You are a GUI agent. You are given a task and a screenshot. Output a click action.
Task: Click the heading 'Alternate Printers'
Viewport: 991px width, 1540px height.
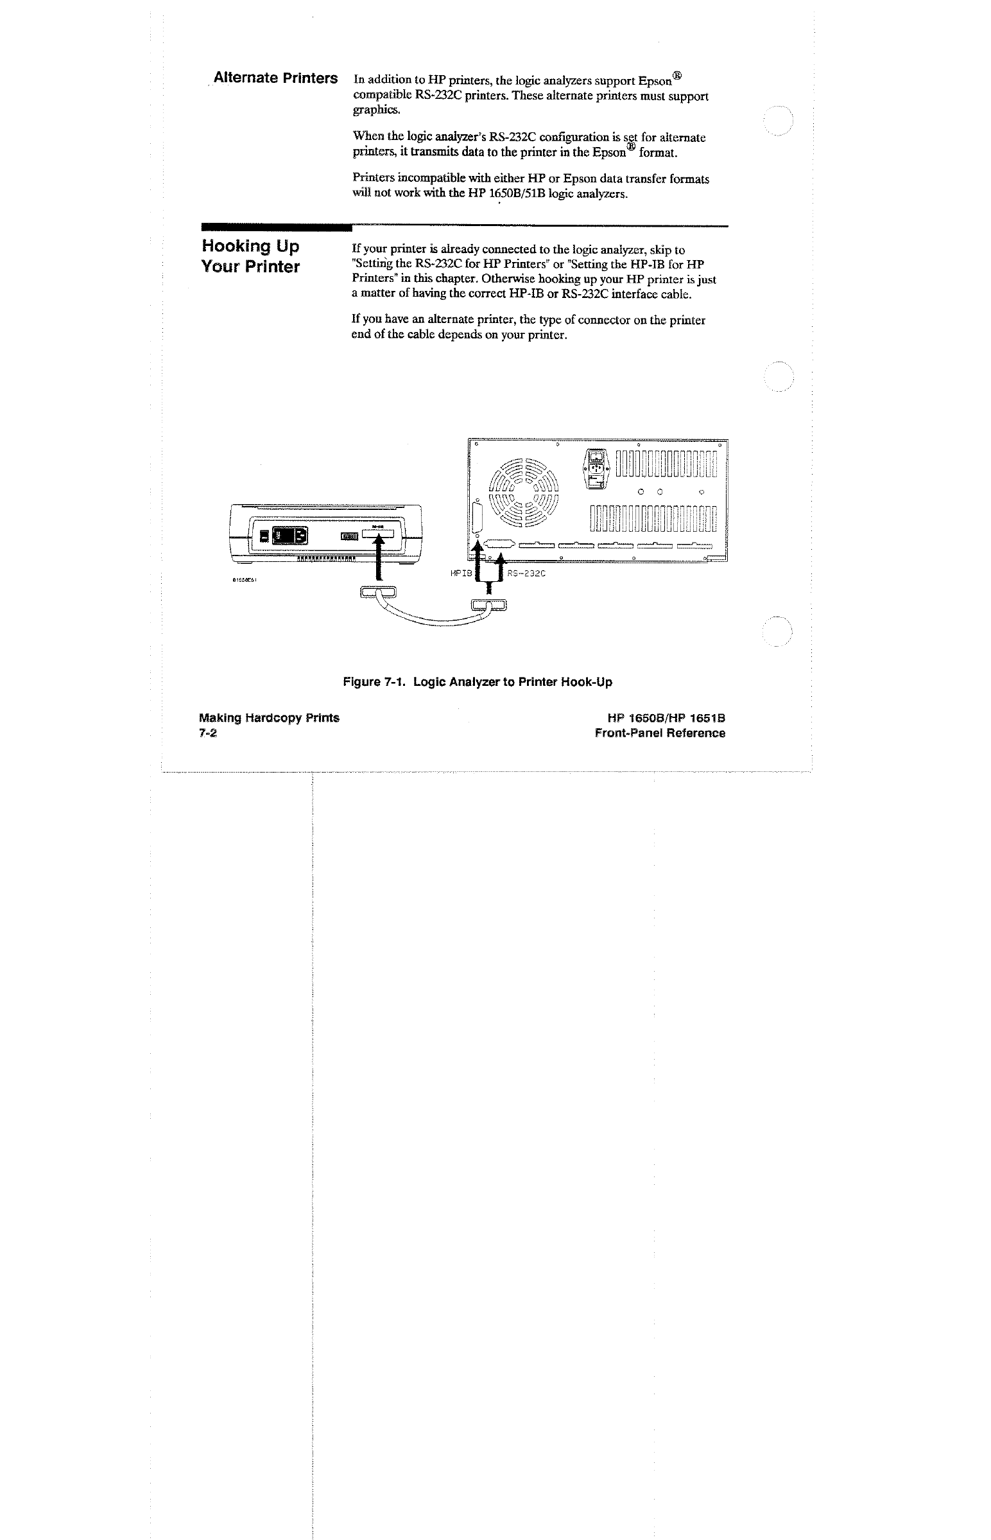[275, 78]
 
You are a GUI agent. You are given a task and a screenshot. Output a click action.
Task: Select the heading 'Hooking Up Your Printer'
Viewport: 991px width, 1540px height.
[250, 256]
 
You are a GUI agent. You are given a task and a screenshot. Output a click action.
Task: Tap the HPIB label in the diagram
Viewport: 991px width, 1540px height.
[461, 572]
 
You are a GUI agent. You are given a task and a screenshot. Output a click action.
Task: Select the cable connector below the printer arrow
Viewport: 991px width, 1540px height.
[380, 592]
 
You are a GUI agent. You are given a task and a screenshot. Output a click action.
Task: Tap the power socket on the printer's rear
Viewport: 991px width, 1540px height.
[291, 536]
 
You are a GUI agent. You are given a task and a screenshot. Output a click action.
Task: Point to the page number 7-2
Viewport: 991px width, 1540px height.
[208, 733]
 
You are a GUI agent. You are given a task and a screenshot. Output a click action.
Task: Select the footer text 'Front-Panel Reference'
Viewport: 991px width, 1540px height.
[660, 733]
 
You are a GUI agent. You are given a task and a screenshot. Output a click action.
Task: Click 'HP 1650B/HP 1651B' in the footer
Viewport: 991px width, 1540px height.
[666, 718]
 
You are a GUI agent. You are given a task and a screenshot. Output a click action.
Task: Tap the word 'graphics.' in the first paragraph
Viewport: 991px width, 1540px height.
[377, 110]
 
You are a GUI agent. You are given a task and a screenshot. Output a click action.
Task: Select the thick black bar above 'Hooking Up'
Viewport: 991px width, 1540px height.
[277, 227]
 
